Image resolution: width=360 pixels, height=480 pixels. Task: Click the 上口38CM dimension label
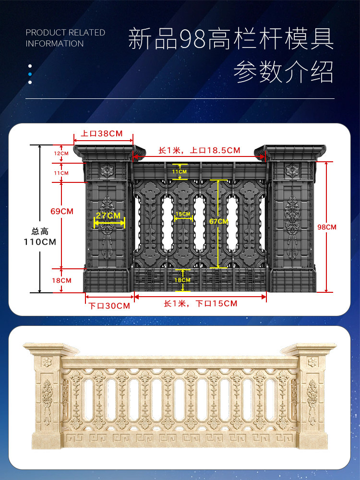[x=102, y=133]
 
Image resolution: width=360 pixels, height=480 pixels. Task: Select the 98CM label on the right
[x=327, y=227]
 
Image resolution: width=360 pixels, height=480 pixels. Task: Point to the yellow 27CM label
[x=108, y=216]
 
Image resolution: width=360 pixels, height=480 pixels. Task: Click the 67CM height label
[x=219, y=221]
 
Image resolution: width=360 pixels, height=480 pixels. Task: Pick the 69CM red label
[x=62, y=211]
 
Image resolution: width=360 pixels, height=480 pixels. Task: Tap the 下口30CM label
[x=109, y=306]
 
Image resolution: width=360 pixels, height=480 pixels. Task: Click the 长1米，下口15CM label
[x=200, y=304]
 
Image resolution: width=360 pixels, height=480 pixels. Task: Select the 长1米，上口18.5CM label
[x=199, y=150]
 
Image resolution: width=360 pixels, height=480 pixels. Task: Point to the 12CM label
[x=61, y=153]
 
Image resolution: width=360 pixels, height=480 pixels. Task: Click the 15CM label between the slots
[x=182, y=214]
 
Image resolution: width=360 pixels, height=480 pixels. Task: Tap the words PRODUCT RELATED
[x=65, y=33]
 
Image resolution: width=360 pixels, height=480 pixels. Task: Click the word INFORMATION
[x=55, y=44]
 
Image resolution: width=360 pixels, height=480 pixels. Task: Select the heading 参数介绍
[x=283, y=72]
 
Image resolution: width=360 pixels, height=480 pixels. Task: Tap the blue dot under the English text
[x=30, y=74]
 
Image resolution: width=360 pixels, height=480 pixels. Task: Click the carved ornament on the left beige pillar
[x=47, y=398]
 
